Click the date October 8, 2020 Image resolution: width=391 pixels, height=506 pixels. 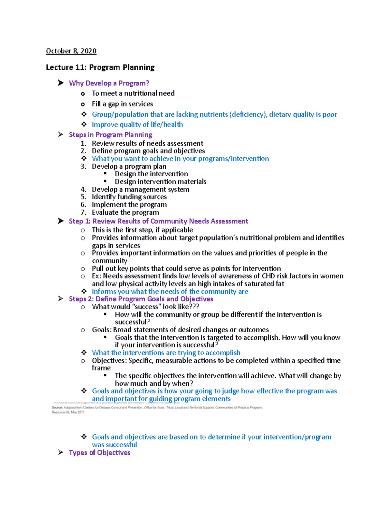71,51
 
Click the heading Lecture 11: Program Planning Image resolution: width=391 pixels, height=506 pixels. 100,67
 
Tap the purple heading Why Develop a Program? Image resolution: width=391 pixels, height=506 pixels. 109,83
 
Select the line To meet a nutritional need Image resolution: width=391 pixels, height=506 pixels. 133,94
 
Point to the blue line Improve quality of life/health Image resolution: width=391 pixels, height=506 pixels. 137,124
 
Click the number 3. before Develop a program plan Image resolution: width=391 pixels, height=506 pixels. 83,166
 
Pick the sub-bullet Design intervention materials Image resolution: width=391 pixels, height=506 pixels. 160,181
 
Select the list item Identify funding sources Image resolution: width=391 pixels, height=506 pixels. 129,197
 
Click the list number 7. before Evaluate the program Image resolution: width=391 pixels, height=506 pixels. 83,212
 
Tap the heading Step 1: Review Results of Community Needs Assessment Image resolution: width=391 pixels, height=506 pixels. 158,221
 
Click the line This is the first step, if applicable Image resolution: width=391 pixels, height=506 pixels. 142,230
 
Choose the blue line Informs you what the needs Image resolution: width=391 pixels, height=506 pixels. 170,292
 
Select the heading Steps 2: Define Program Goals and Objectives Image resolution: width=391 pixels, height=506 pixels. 141,299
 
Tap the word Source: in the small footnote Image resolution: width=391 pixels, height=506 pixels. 57,407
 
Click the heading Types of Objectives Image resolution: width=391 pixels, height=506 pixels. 99,453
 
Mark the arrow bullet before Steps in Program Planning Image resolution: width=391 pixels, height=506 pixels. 61,135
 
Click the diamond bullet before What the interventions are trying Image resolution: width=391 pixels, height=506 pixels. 84,353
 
